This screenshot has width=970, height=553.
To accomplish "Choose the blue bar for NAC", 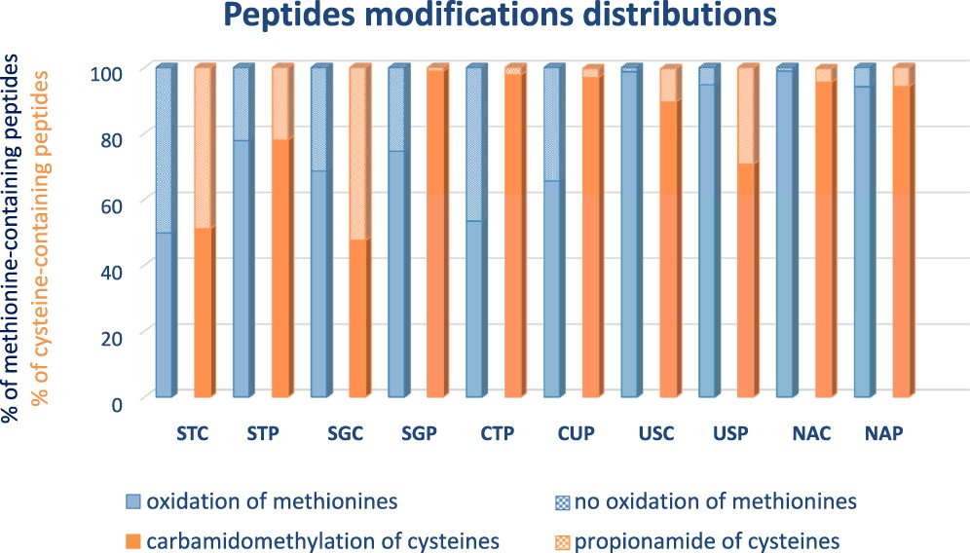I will click(x=785, y=234).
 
